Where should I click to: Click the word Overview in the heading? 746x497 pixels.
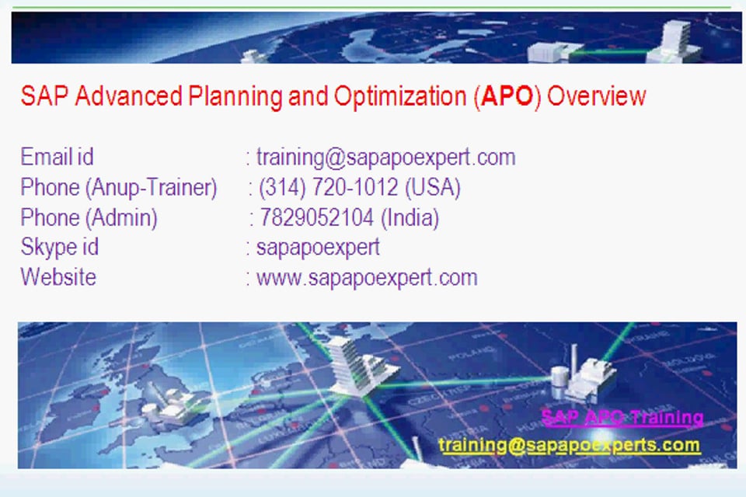coord(597,96)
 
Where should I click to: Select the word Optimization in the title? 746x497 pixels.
coord(399,96)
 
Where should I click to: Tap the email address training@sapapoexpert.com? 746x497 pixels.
coord(385,158)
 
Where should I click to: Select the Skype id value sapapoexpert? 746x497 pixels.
coord(318,248)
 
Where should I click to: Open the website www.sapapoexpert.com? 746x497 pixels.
coord(367,277)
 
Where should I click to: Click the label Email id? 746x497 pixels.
coord(57,158)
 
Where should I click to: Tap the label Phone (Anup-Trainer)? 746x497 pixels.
coord(118,188)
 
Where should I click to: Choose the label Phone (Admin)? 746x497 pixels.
coord(89,218)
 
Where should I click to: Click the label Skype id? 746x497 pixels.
coord(59,248)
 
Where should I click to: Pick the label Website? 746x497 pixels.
coord(58,277)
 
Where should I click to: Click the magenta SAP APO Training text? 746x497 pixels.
coord(622,418)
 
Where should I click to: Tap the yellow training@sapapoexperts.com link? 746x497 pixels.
coord(569,445)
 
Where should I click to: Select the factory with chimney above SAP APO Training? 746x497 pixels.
coord(583,375)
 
